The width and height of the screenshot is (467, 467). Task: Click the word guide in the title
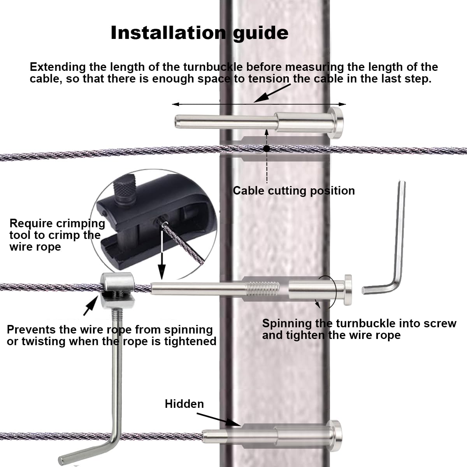click(x=261, y=33)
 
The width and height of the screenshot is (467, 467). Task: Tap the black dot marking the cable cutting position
click(x=267, y=148)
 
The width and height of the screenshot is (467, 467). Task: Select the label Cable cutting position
click(x=294, y=191)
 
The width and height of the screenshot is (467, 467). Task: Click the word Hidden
click(x=184, y=404)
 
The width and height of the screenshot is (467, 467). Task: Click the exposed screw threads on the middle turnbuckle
click(x=263, y=289)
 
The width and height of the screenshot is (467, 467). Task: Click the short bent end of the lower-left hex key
click(x=84, y=455)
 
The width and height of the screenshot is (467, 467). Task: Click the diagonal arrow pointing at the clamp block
click(x=90, y=306)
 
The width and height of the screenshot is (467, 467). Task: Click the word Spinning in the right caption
click(x=287, y=323)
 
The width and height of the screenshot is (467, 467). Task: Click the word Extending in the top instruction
click(x=57, y=67)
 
